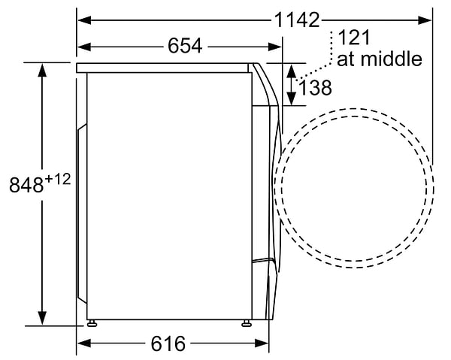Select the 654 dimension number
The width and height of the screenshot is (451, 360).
click(185, 47)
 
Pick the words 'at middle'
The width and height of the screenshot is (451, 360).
click(379, 59)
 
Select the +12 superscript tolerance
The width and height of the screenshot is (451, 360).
click(58, 179)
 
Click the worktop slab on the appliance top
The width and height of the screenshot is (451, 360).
click(165, 68)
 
